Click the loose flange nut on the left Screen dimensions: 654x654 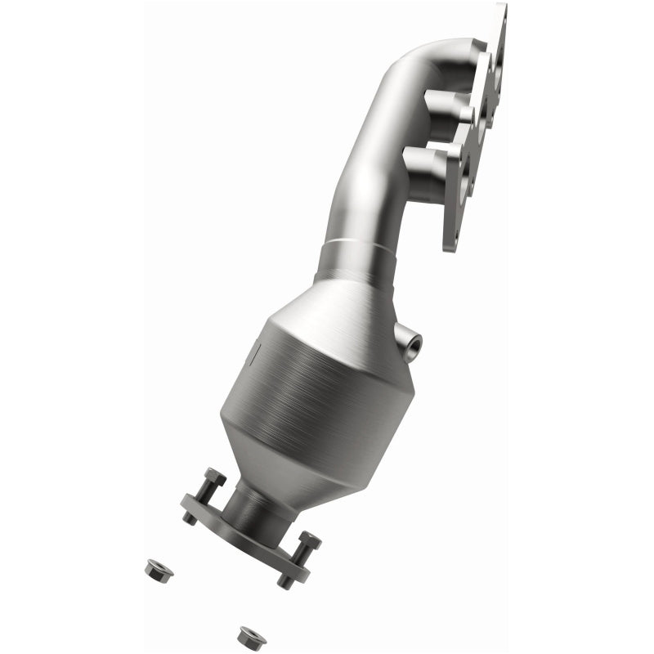coord(158,569)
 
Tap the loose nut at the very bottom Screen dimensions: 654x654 coord(251,636)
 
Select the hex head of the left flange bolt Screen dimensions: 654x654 coord(216,477)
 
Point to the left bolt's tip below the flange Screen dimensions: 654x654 coord(190,517)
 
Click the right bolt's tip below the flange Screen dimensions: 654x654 coord(284,581)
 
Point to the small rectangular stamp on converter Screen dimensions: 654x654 coord(255,353)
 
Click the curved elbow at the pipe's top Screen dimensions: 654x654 coord(425,57)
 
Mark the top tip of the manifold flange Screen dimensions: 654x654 coord(500,10)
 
